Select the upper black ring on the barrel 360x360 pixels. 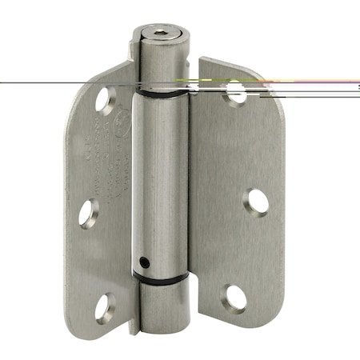click(x=160, y=92)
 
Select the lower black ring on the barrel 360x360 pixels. click(x=162, y=278)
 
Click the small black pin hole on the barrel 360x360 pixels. click(x=143, y=261)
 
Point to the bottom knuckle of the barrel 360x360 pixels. click(x=163, y=306)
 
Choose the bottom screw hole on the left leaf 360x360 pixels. click(x=104, y=308)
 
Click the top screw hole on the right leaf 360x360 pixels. click(x=237, y=91)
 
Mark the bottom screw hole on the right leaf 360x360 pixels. click(x=235, y=298)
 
